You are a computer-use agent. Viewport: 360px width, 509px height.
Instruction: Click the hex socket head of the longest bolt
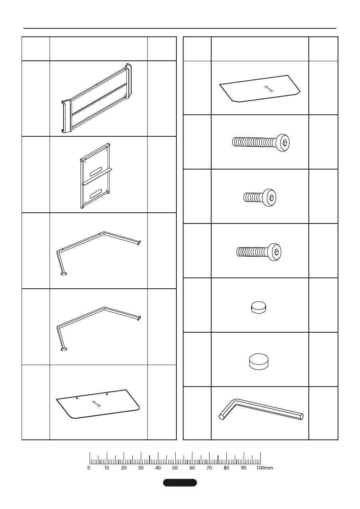[x=283, y=142]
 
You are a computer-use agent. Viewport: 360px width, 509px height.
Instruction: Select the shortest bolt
[x=260, y=197]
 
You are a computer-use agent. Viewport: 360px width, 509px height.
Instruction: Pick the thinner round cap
[x=259, y=307]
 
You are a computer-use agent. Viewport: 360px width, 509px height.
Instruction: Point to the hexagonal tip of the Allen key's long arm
[x=301, y=417]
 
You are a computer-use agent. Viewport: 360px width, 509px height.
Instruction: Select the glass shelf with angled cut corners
[x=260, y=89]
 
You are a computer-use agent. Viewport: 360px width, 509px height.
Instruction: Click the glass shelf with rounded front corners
[x=98, y=404]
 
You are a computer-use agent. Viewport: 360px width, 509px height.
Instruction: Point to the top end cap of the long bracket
[x=128, y=81]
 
